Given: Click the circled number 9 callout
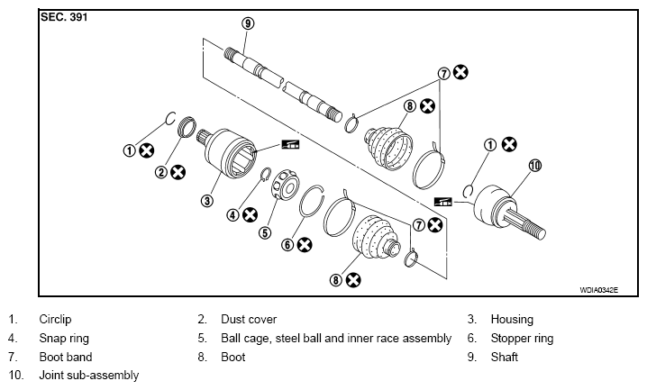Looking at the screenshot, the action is pyautogui.click(x=248, y=23).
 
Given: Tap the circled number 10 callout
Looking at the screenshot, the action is pyautogui.click(x=534, y=166).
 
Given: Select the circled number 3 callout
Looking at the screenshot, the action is pyautogui.click(x=206, y=201).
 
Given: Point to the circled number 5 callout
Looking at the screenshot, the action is pyautogui.click(x=265, y=233).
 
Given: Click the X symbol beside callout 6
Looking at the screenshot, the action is pyautogui.click(x=305, y=245).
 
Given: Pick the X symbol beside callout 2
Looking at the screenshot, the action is pyautogui.click(x=178, y=172).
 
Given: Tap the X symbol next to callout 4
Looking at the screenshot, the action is pyautogui.click(x=250, y=214).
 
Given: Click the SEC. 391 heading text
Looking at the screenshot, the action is pyautogui.click(x=64, y=17).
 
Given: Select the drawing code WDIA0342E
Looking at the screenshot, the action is pyautogui.click(x=598, y=290).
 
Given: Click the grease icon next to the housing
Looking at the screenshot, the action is pyautogui.click(x=290, y=144).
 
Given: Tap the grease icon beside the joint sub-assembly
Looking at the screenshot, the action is pyautogui.click(x=443, y=202).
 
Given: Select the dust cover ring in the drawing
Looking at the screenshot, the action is pyautogui.click(x=187, y=127).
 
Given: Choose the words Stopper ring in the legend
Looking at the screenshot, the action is pyautogui.click(x=522, y=339).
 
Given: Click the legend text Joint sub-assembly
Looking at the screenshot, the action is pyautogui.click(x=89, y=376).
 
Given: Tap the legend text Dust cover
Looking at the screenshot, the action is pyautogui.click(x=249, y=320).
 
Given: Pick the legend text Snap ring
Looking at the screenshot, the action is pyautogui.click(x=64, y=339).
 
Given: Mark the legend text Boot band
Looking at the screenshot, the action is pyautogui.click(x=66, y=357).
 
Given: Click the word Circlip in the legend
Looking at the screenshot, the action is pyautogui.click(x=55, y=320).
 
